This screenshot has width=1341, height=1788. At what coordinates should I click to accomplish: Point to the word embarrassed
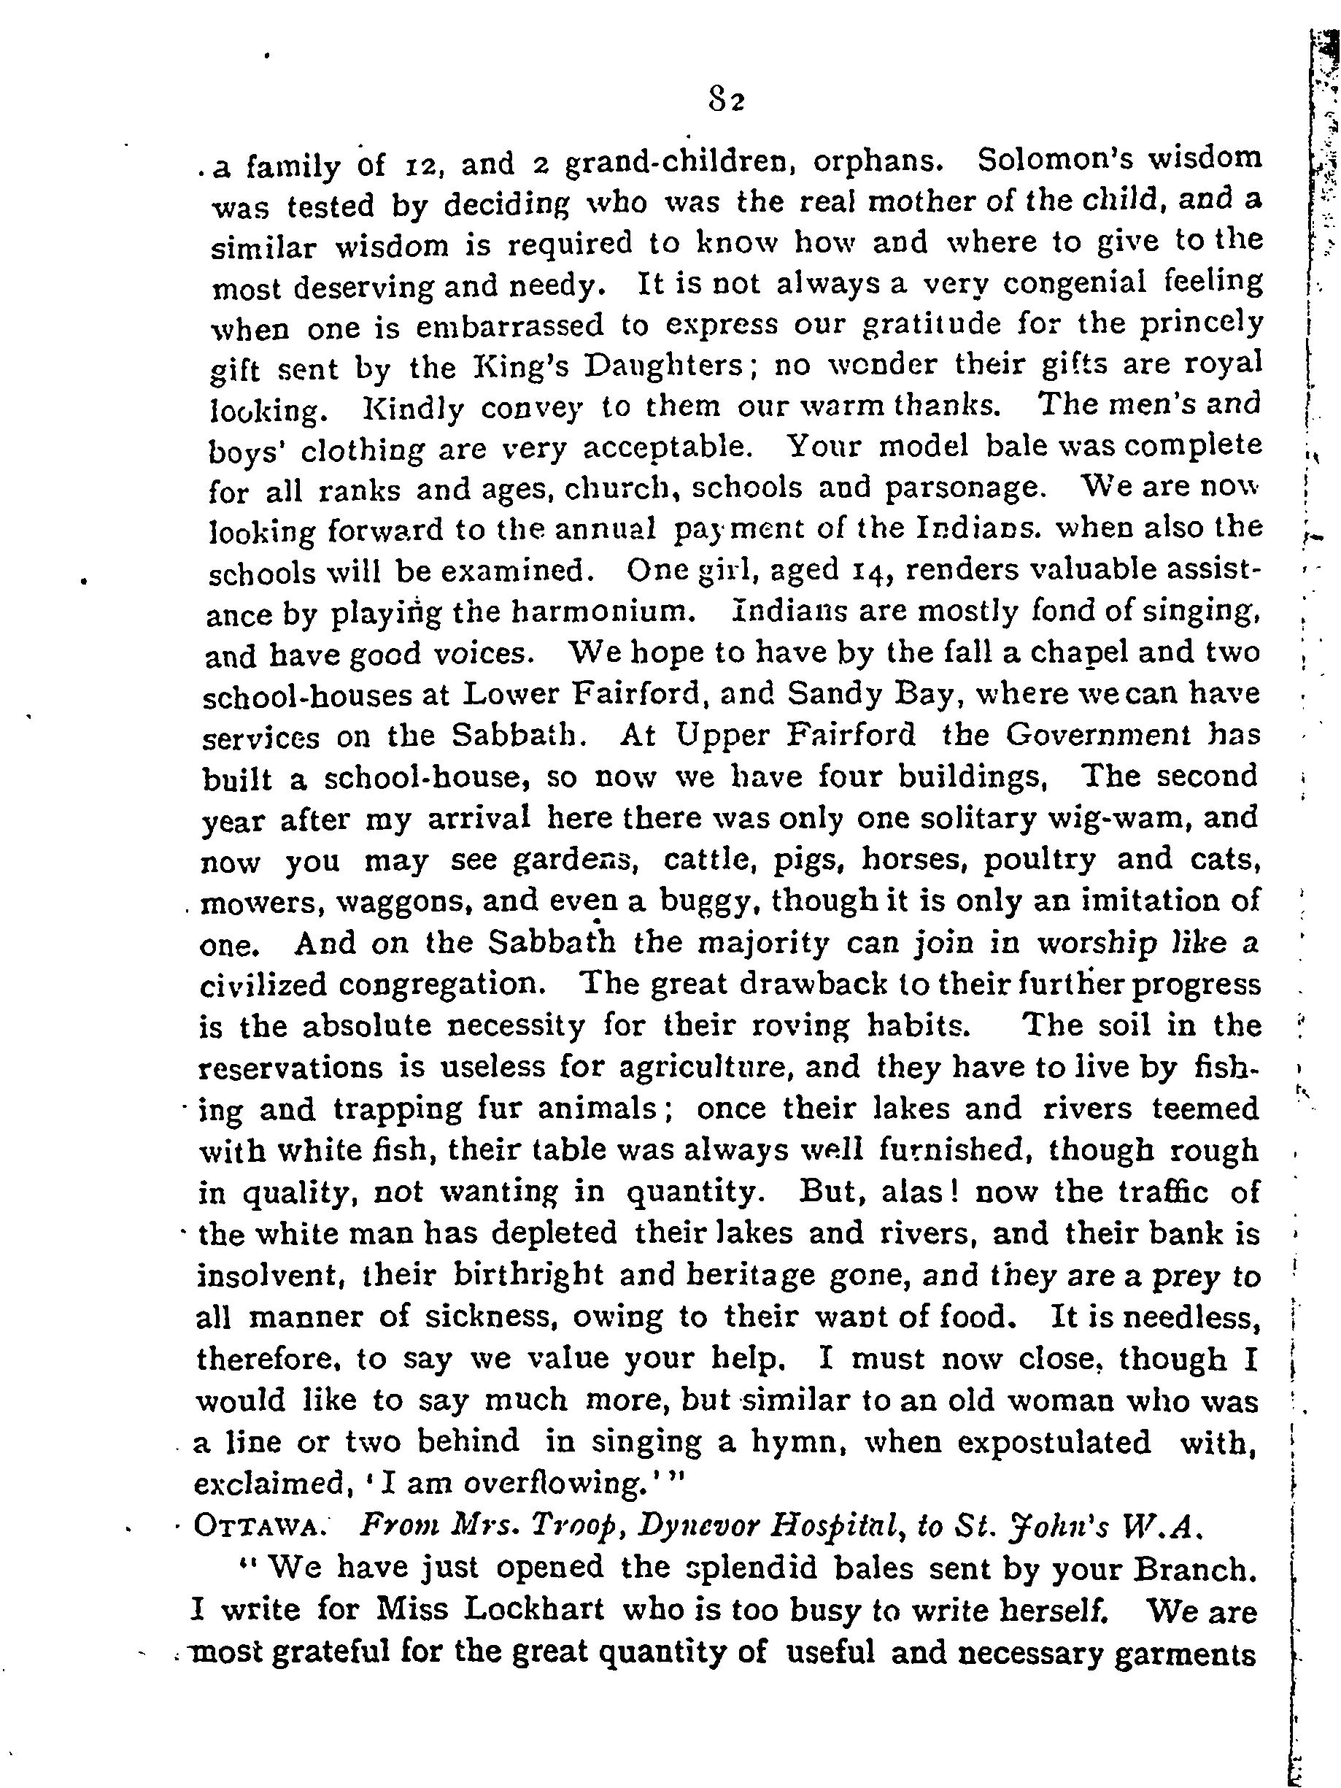pos(509,326)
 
